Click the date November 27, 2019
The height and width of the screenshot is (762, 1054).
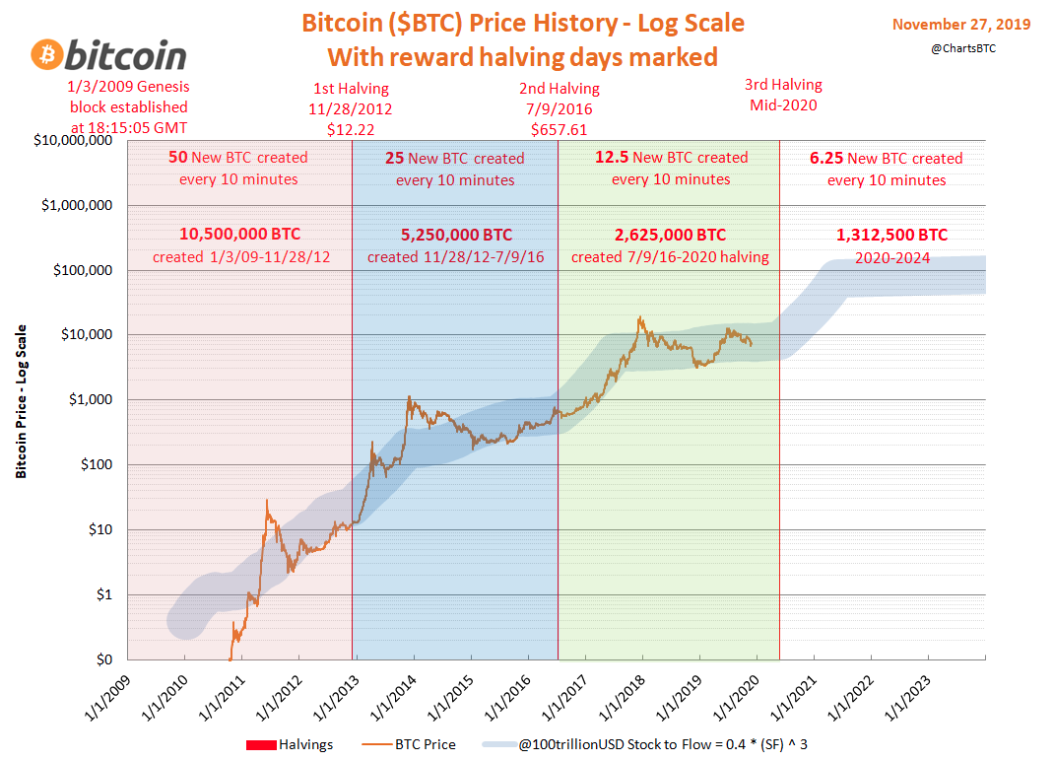click(960, 24)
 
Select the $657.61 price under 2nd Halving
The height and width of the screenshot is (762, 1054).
click(559, 129)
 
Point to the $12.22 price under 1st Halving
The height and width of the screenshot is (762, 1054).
click(351, 129)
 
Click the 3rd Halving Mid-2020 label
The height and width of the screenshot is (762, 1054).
click(783, 95)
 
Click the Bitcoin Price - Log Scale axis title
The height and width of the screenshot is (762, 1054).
click(21, 401)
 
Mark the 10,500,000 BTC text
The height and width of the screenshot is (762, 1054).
click(239, 235)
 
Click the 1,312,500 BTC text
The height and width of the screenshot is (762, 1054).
click(891, 235)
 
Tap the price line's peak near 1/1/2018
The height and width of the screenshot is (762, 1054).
click(641, 317)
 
